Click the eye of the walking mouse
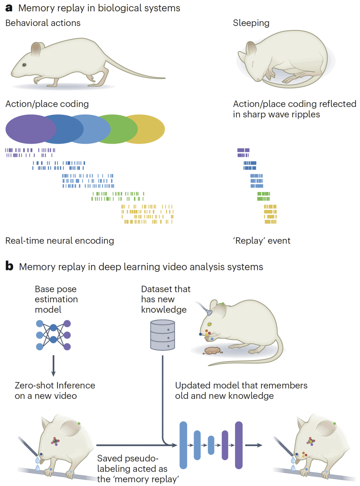click(24, 65)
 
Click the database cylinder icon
click(163, 335)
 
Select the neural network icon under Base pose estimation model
click(53, 335)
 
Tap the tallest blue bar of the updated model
click(183, 445)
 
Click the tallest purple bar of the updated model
click(239, 445)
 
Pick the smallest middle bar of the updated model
click(211, 445)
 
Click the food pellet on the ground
click(212, 350)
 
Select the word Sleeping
click(251, 23)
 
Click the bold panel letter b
click(9, 266)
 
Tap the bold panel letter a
click(9, 8)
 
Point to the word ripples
click(304, 114)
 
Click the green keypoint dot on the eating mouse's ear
click(223, 304)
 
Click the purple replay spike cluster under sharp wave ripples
click(243, 153)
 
